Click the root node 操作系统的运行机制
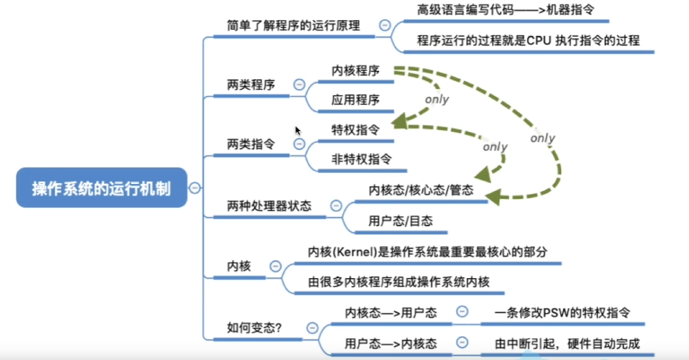point(101,188)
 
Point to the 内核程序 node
point(355,71)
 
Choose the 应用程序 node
point(355,100)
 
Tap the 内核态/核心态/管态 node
point(421,191)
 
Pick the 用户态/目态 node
point(400,221)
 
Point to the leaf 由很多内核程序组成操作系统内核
point(398,281)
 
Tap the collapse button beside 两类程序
point(299,84)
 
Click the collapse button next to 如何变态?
point(313,328)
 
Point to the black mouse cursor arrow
point(298,131)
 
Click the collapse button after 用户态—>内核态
point(462,342)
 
